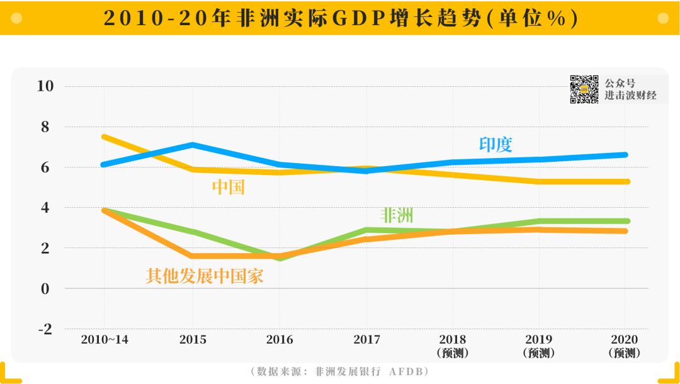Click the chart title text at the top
point(340,18)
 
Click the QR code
point(584,89)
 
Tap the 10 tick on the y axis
point(46,86)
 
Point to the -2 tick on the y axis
point(46,329)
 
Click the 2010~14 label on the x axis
point(105,339)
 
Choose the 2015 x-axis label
point(193,339)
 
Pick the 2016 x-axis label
point(280,339)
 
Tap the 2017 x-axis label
point(366,339)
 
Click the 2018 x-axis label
point(453,339)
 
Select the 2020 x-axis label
point(625,339)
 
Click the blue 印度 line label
point(496,144)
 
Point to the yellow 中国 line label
point(228,187)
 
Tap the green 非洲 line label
point(397,215)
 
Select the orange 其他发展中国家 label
point(205,276)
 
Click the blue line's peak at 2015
point(193,145)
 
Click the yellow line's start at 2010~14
point(105,137)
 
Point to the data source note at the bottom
point(340,371)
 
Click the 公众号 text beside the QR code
point(620,83)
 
